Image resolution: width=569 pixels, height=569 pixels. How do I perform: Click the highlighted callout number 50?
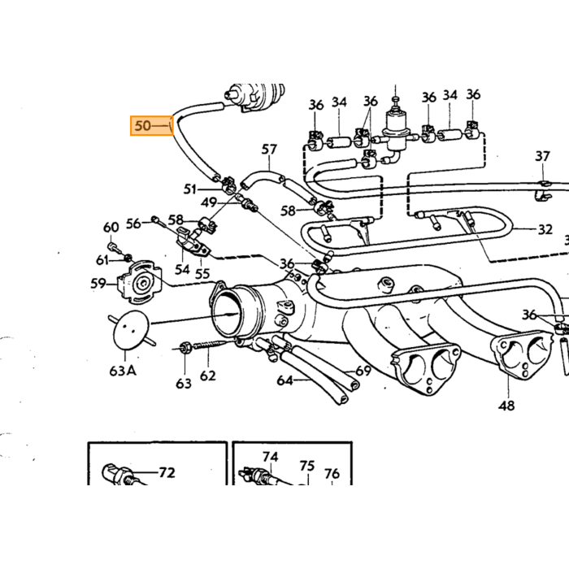coord(142,125)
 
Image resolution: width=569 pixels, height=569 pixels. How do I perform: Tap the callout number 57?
coord(269,149)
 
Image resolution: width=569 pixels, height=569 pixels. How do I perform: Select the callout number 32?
coord(545,229)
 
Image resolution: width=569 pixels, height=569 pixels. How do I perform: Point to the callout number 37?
coord(542,156)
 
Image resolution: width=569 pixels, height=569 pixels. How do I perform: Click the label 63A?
coord(123,371)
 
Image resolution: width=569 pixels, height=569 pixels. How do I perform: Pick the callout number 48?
coord(506,406)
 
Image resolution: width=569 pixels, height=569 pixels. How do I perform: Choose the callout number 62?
coord(208,376)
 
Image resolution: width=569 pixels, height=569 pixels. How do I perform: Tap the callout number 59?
coord(98,283)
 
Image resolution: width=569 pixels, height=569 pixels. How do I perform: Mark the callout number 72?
coord(167,472)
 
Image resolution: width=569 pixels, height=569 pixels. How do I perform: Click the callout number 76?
coord(332,474)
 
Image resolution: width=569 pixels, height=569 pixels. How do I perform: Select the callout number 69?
coord(363,371)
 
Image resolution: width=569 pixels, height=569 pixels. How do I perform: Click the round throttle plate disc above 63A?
coord(132,330)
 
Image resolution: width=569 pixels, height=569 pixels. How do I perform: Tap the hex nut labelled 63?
coord(185,348)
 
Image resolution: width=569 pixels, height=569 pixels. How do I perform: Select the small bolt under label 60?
coord(111,246)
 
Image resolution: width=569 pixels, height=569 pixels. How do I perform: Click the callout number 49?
coord(209,202)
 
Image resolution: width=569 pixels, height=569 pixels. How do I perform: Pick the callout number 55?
coord(202,274)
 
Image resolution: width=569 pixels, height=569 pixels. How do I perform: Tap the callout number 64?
coord(284,380)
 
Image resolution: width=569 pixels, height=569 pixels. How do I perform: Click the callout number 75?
coord(307,466)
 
